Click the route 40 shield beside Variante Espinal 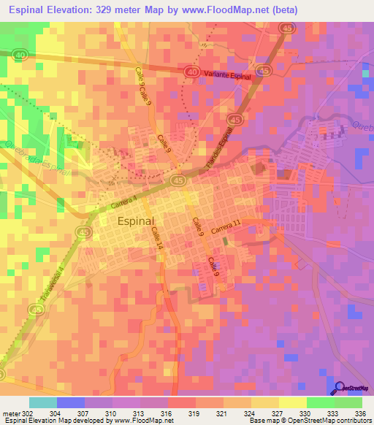(x=191, y=72)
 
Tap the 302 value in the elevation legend (x=27, y=414)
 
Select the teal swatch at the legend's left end (x=43, y=402)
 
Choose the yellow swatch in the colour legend (x=293, y=402)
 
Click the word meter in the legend (x=11, y=414)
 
